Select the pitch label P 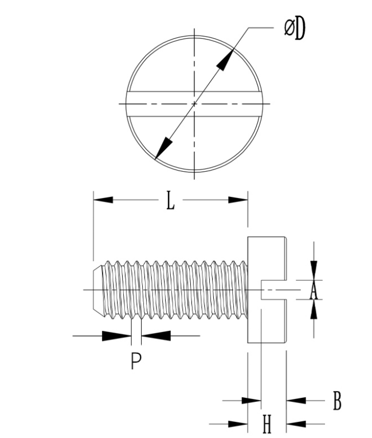click(x=135, y=361)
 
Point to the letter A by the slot click(x=313, y=291)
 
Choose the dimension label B click(x=338, y=401)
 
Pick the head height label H click(x=267, y=425)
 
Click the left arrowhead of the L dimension click(x=103, y=200)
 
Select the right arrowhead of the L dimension click(x=238, y=200)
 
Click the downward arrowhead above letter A click(x=314, y=270)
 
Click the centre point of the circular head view click(x=195, y=104)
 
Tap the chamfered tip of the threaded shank click(x=97, y=290)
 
